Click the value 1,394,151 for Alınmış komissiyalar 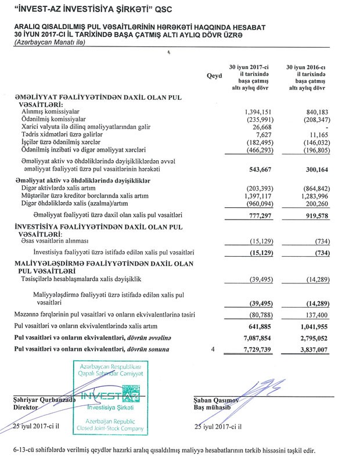click(250, 111)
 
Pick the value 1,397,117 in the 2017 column click(250, 197)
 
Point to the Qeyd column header click(214, 76)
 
